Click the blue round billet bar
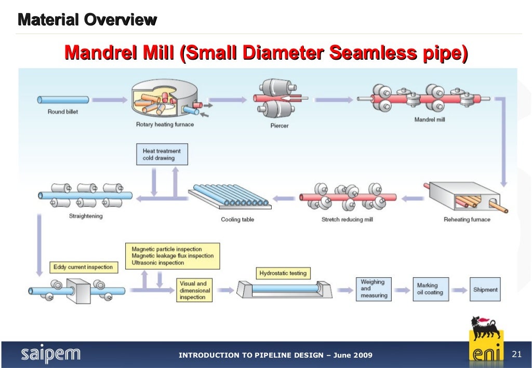[x=63, y=100]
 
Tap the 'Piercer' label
[x=279, y=126]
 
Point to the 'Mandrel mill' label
[x=430, y=120]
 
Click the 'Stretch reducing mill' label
[x=347, y=220]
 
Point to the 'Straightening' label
[x=86, y=216]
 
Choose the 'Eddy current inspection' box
[x=83, y=267]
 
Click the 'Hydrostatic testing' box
[x=283, y=273]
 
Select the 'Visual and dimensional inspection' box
[x=195, y=291]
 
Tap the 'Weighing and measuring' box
[x=374, y=289]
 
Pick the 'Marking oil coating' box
[x=430, y=289]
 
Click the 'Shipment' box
[x=485, y=290]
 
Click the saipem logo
[x=51, y=355]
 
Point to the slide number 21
[x=516, y=355]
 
